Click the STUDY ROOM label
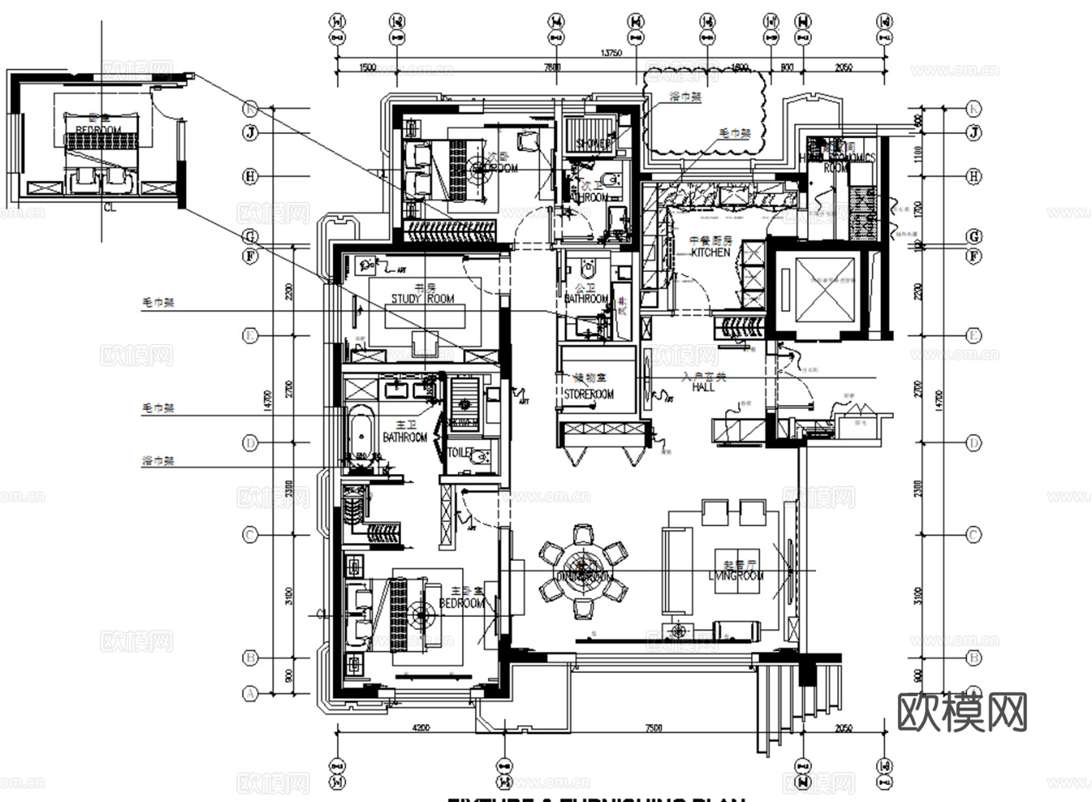point(423,299)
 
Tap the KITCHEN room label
point(711,252)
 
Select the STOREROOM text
point(588,395)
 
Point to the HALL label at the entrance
point(703,387)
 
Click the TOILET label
point(460,453)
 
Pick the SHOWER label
point(594,144)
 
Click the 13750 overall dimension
point(611,54)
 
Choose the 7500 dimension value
point(653,728)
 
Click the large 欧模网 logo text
point(961,712)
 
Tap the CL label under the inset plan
point(109,207)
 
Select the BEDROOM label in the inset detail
point(98,130)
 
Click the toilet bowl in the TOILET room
point(480,458)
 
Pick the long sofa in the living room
point(676,568)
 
